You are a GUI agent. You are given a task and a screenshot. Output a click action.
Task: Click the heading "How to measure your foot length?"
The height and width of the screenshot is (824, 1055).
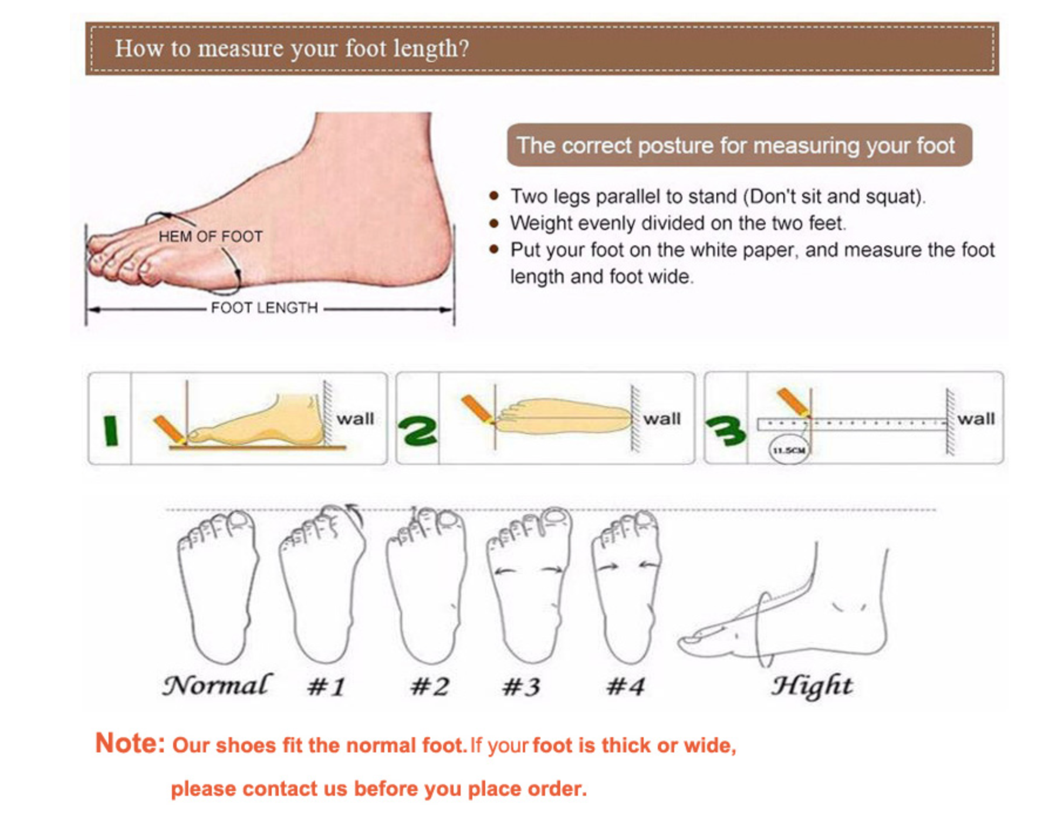click(x=292, y=48)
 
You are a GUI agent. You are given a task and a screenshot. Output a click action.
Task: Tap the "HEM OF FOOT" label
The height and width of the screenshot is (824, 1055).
click(x=210, y=237)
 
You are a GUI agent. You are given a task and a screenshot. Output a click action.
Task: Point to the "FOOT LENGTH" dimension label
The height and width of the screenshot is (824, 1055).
click(x=264, y=308)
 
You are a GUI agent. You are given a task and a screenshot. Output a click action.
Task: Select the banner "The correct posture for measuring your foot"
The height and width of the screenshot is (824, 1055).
click(x=739, y=145)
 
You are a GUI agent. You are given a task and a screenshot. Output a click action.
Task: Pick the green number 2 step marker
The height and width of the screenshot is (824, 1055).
click(x=417, y=431)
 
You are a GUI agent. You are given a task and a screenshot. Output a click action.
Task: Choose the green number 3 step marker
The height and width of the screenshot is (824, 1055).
click(x=726, y=431)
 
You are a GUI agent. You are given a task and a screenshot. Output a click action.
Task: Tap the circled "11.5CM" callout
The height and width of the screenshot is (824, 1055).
click(x=789, y=450)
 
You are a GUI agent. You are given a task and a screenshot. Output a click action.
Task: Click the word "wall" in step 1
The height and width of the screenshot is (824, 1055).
click(x=355, y=418)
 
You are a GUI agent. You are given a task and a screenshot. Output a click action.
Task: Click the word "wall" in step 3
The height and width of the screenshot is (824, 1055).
click(x=976, y=418)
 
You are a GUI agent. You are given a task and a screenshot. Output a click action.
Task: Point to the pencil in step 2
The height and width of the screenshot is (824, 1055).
click(x=477, y=408)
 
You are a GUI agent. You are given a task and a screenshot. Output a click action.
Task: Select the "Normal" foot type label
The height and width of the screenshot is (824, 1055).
click(x=217, y=685)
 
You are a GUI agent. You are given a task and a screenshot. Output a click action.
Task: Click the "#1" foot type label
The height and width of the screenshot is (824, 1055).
click(x=326, y=687)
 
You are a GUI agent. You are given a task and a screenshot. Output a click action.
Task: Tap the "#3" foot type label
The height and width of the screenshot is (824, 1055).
click(x=522, y=687)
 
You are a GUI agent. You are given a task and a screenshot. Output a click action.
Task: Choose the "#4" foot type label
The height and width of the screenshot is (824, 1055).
click(x=625, y=687)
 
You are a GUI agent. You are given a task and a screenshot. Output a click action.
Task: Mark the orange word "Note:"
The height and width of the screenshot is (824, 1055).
click(x=130, y=743)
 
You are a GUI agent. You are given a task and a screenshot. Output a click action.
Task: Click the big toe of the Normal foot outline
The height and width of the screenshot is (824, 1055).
click(x=239, y=521)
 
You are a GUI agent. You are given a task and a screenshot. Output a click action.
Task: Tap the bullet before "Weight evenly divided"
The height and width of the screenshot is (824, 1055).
click(x=494, y=223)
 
